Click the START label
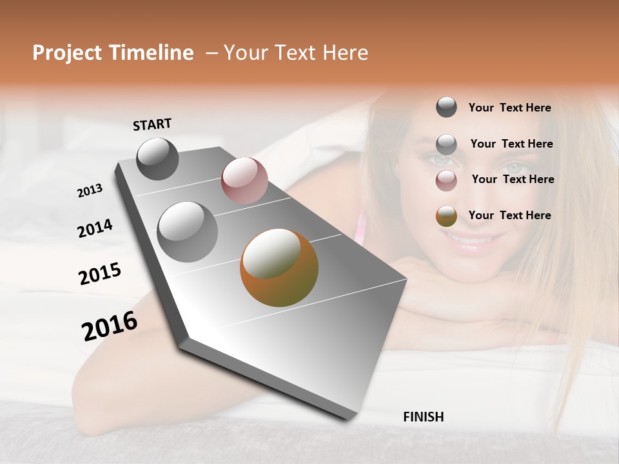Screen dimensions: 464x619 tap(152, 124)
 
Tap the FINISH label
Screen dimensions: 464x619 tap(423, 417)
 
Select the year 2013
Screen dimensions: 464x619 tap(90, 191)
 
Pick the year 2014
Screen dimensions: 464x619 tap(95, 229)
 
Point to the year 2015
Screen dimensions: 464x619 tap(100, 274)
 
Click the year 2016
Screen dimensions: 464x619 tap(110, 326)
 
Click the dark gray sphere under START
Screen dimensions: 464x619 tap(158, 159)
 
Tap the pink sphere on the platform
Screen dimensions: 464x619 tap(244, 180)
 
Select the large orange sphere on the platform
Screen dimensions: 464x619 tap(279, 267)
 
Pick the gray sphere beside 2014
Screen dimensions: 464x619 tap(188, 231)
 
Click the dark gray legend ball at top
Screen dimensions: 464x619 tap(446, 107)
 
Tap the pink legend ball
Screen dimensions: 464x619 tap(446, 180)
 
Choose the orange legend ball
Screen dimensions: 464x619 tap(446, 217)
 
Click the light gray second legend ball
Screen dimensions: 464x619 tap(446, 144)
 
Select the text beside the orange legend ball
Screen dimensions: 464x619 tap(509, 215)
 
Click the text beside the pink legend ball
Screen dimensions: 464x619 tap(513, 179)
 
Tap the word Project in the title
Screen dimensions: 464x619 tap(68, 53)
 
